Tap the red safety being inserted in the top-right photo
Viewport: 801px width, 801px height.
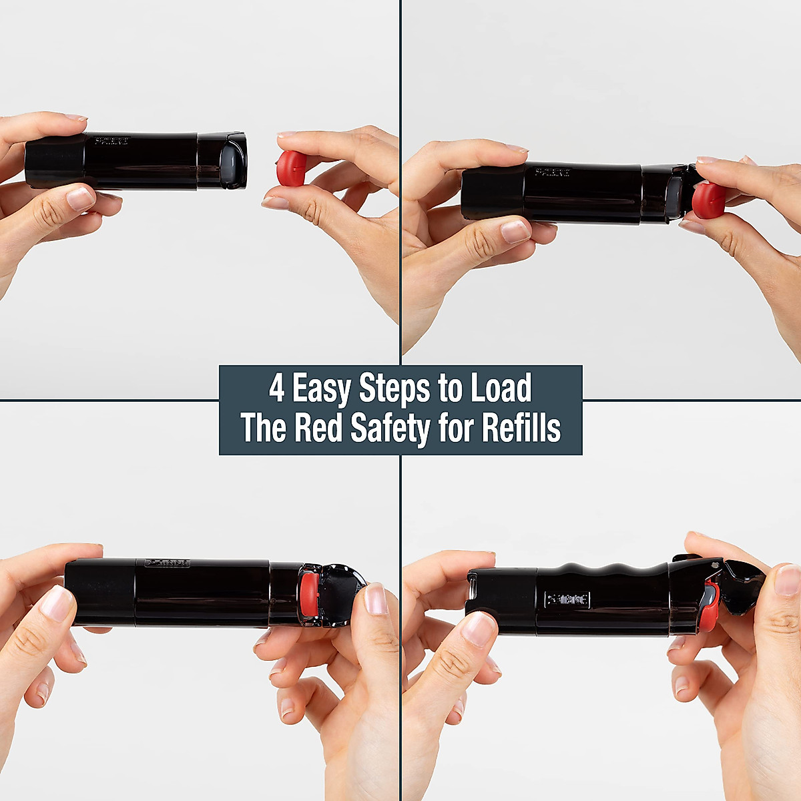coord(709,200)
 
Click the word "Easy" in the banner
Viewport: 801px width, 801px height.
coord(321,389)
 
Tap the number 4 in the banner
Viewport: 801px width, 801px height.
coord(277,389)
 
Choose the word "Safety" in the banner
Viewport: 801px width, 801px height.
coord(390,429)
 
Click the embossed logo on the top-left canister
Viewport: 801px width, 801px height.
coord(108,142)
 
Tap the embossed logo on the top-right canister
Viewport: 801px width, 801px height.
coord(552,174)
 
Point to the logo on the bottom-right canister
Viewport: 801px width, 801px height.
coord(567,599)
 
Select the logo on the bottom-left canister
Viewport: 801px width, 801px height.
coord(168,563)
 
